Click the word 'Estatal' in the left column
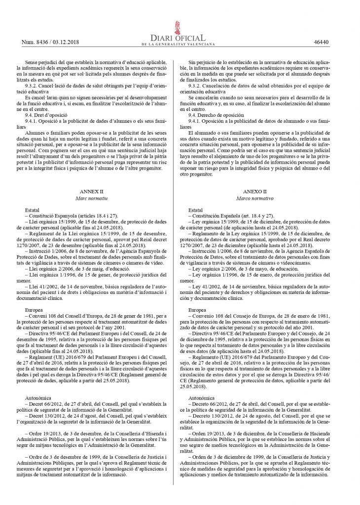pyautogui.click(x=34, y=209)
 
